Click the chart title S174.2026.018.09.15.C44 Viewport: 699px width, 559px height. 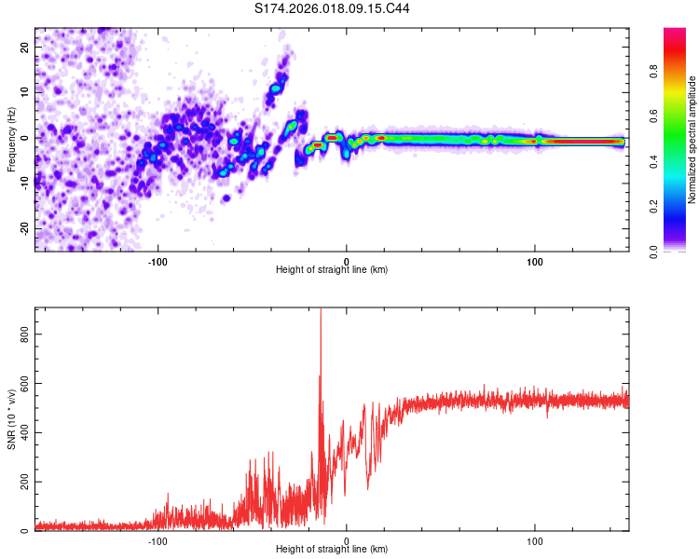(x=333, y=9)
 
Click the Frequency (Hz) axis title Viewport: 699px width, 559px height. (x=11, y=140)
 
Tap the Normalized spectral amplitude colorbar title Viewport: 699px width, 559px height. (x=692, y=140)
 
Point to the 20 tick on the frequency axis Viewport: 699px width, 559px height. (x=25, y=47)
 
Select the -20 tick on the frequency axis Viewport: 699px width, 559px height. (x=23, y=228)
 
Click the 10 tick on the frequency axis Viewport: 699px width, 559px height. (x=25, y=92)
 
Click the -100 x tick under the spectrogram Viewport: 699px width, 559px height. (x=157, y=260)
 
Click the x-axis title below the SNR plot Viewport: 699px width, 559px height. (x=332, y=550)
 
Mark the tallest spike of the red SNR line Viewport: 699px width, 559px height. (x=321, y=311)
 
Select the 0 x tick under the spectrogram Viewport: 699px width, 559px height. (x=347, y=260)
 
